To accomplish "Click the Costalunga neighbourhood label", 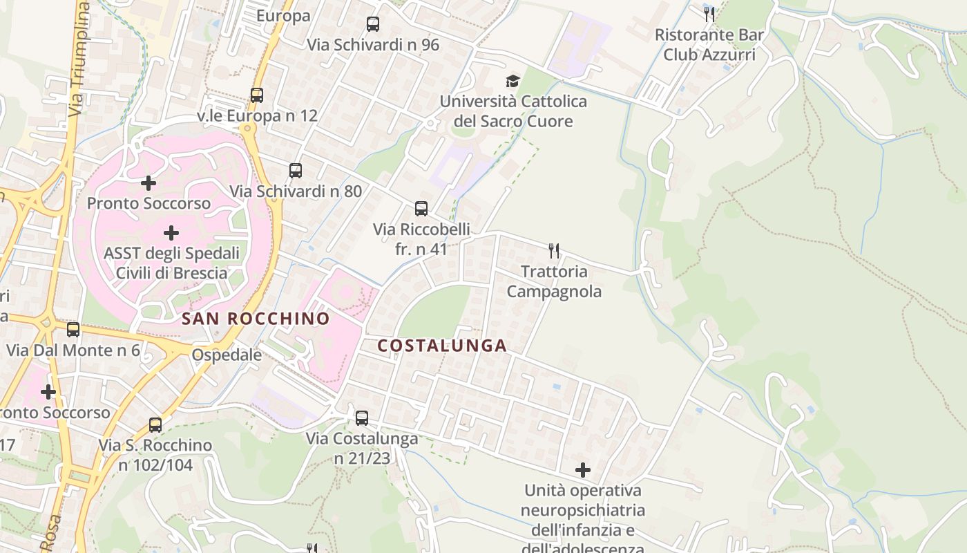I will pos(442,346).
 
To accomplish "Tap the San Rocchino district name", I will pos(256,319).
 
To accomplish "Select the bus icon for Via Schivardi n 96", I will pos(373,24).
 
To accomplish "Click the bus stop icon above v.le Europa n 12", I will pos(257,95).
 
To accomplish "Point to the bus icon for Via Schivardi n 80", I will pos(296,170).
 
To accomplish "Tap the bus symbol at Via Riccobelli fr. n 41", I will pos(421,208).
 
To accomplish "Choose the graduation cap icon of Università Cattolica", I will pos(513,82).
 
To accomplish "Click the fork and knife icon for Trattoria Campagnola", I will pos(554,250).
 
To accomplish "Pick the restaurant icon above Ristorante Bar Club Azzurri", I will pos(709,14).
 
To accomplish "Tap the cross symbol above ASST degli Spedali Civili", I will pos(171,233).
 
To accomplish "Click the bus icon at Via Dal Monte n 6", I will pos(73,330).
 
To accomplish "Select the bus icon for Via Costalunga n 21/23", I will pos(362,418).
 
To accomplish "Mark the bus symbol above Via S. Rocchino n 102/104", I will pos(155,424).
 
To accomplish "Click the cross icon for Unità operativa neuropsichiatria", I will pos(583,470).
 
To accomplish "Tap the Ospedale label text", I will pos(227,355).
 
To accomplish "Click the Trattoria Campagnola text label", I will pos(554,281).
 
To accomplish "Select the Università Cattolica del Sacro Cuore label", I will pos(513,111).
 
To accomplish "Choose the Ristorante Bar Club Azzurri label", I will pos(709,44).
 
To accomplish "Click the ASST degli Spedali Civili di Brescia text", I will pos(171,263).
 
